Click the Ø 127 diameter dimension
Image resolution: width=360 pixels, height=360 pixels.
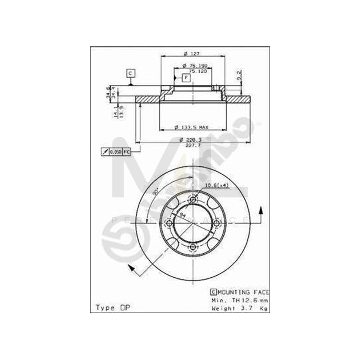point(192,54)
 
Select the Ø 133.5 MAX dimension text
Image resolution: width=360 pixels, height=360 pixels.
point(192,128)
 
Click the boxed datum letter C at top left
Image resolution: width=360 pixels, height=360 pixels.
point(130,73)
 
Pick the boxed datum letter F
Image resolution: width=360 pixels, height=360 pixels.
point(186,77)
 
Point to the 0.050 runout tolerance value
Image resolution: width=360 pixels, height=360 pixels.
point(115,152)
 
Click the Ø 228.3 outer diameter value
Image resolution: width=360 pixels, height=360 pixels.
point(192,140)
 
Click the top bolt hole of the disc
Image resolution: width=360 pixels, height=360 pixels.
point(193,200)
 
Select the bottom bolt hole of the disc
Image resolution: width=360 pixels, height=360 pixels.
point(193,247)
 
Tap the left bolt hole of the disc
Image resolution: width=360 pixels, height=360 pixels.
point(170,223)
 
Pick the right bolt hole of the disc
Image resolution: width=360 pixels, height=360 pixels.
point(216,223)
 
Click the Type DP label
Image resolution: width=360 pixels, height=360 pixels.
point(113,308)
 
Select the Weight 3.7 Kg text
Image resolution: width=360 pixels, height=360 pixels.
point(239,308)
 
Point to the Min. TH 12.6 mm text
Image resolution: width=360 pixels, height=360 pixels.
point(239,300)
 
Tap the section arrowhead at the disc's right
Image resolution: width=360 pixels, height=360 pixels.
point(261,210)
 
